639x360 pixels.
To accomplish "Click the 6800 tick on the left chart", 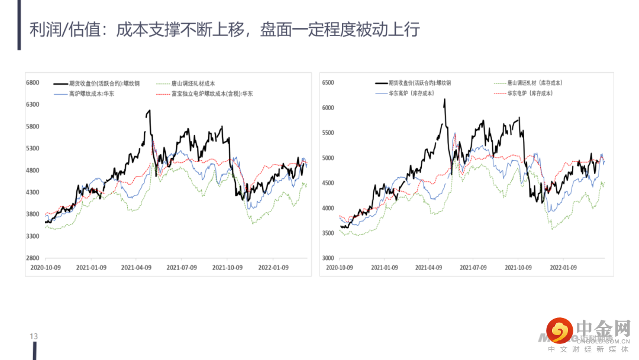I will click(x=33, y=82).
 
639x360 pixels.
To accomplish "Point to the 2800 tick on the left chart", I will click(x=33, y=258).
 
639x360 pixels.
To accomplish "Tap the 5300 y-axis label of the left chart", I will click(x=33, y=149).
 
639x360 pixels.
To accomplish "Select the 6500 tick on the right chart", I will click(x=328, y=83).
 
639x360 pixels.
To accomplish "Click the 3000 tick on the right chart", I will click(x=328, y=258).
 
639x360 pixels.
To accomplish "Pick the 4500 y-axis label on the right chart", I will click(x=328, y=183).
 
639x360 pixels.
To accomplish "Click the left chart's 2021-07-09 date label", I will click(x=182, y=268).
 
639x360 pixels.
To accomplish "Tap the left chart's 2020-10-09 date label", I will click(x=46, y=268).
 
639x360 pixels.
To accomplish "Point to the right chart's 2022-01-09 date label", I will click(x=564, y=268).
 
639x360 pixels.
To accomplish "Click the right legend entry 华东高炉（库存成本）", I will click(x=411, y=94).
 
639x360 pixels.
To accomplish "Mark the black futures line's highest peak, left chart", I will click(x=149, y=110).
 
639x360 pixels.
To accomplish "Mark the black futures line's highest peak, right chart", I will click(x=444, y=99).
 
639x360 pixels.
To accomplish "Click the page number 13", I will click(x=34, y=336).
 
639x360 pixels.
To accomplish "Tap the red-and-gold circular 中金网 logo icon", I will click(x=559, y=330).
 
